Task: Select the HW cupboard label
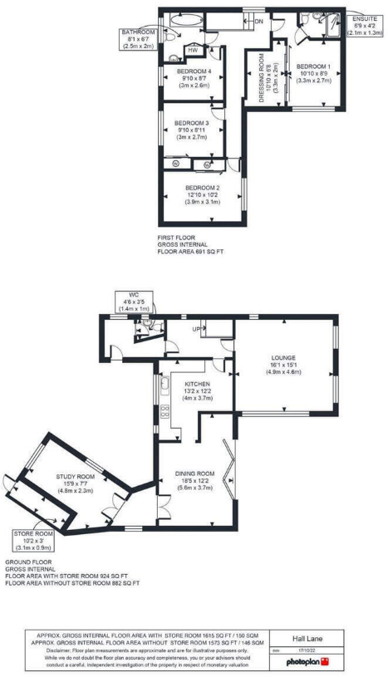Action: [193, 51]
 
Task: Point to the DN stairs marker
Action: [258, 21]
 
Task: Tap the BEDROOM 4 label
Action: [194, 71]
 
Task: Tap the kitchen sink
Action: [165, 384]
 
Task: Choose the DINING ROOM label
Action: [195, 474]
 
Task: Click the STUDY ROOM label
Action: [76, 477]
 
